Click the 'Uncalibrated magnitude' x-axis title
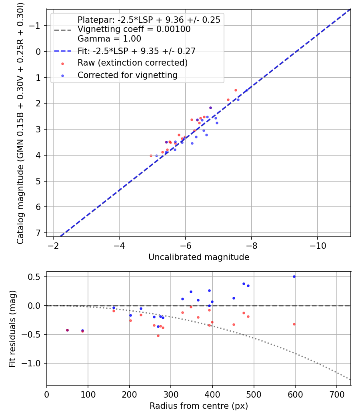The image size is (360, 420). [x=199, y=257]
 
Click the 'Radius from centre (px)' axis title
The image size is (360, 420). [x=199, y=406]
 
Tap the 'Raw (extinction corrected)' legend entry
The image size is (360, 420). [x=132, y=63]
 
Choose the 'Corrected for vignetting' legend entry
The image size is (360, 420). [x=127, y=75]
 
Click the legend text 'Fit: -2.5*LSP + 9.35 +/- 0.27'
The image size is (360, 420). [x=136, y=51]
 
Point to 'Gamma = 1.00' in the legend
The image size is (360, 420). [x=109, y=39]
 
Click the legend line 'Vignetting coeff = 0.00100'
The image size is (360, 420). [x=134, y=29]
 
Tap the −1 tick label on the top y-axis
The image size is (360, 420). [x=36, y=26]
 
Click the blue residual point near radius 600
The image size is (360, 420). [x=294, y=276]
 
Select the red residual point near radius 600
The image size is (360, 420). [x=294, y=324]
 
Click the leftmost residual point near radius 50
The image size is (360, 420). [x=67, y=330]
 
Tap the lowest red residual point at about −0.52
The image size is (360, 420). [x=158, y=336]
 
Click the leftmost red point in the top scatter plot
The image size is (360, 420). [x=151, y=156]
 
